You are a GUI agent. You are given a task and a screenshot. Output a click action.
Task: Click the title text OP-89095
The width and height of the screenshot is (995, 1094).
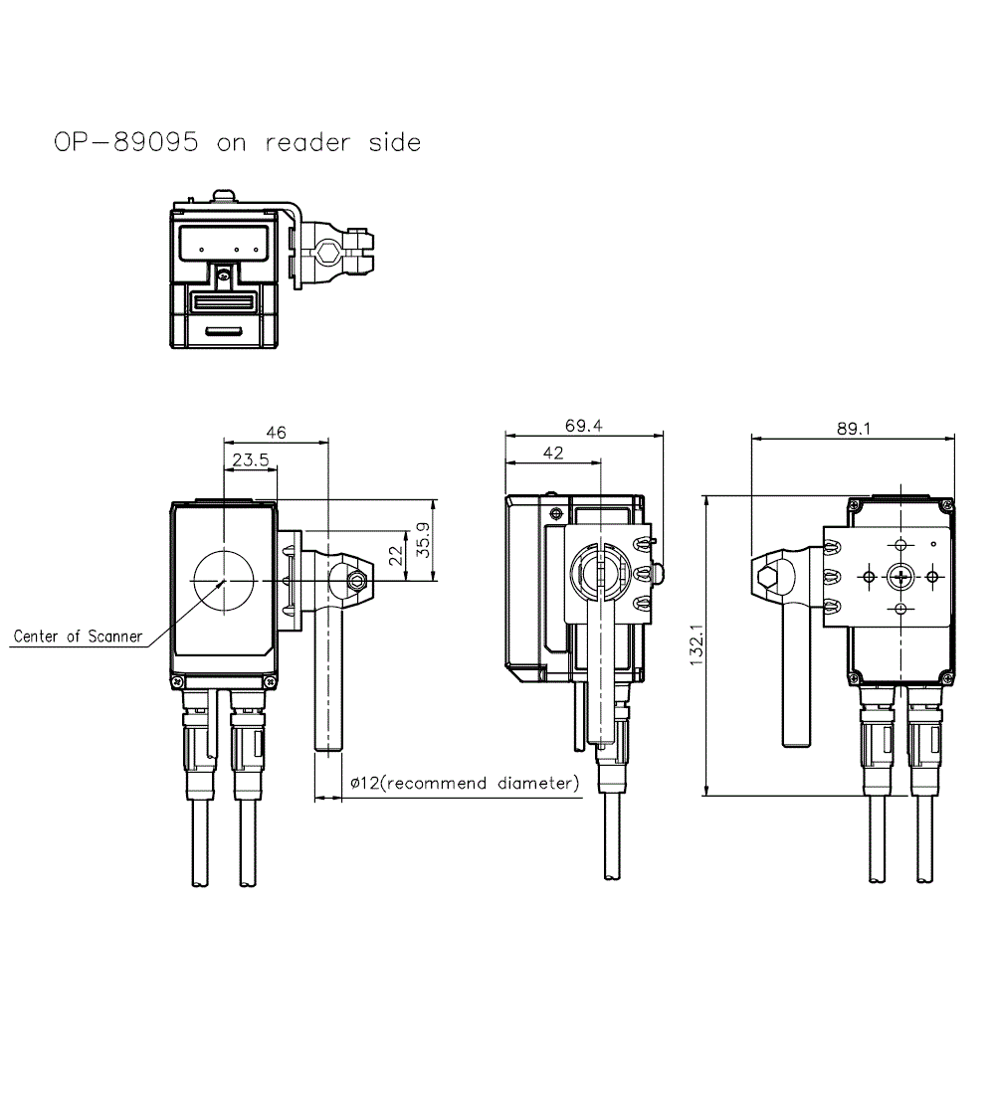point(125,142)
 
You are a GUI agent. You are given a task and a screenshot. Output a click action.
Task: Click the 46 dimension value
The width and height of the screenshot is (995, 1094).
point(276,433)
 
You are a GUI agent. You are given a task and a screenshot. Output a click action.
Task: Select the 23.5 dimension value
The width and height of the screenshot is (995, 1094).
point(251,459)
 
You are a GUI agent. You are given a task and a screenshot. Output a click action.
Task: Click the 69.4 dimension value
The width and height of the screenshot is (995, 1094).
point(583,426)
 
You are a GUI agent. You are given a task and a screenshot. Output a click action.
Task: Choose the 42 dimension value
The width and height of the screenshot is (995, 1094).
point(553,453)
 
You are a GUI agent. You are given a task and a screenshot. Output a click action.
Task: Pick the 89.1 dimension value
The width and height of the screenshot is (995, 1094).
point(854,429)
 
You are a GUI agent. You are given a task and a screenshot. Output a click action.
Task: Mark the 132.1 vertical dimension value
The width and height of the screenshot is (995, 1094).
point(696,644)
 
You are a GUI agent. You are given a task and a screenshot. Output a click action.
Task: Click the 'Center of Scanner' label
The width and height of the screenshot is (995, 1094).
point(78,637)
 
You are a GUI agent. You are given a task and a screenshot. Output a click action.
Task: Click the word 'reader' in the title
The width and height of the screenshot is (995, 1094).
point(307,142)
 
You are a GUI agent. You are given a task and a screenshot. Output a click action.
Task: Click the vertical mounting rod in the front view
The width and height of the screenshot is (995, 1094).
point(329,686)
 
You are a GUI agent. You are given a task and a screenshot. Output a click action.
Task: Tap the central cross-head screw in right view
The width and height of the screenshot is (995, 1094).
point(900,576)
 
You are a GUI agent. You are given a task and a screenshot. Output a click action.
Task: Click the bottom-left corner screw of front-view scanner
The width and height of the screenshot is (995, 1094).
point(177,681)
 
